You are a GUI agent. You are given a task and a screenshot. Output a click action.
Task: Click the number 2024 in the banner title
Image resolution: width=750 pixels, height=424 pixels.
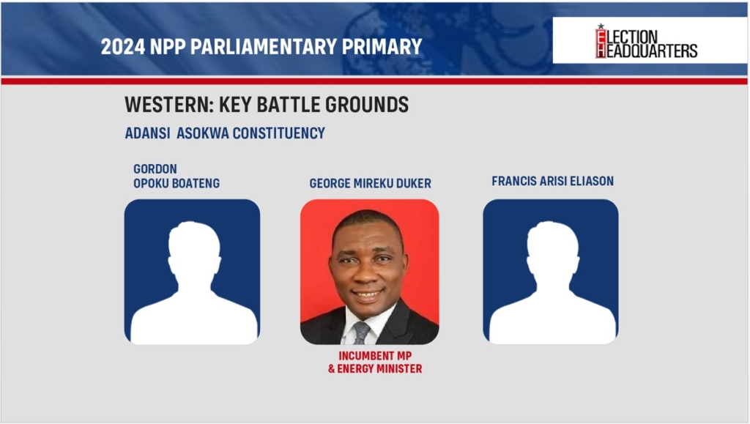pos(122,46)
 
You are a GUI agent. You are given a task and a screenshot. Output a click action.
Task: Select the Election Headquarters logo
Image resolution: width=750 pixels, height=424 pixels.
pos(646,42)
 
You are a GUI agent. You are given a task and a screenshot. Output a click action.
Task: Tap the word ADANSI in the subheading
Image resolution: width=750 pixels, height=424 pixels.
pos(147,133)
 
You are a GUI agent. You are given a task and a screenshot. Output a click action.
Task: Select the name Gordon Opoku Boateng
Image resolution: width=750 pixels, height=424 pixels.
pos(177,176)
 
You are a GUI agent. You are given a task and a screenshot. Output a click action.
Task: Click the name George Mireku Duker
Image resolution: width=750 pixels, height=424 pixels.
pos(370,183)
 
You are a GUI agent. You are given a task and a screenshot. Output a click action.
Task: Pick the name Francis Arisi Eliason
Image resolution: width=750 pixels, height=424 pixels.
pos(552,181)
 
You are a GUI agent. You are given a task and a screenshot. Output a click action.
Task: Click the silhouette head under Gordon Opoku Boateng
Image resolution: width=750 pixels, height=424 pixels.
pos(194,248)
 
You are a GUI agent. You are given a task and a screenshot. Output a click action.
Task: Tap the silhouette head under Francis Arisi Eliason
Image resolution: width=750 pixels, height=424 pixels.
pos(552,248)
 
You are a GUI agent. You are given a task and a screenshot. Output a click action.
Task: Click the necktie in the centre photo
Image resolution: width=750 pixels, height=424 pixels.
pos(362,333)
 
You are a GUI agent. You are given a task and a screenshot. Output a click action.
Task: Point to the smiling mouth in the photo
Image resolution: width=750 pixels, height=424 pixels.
pos(368,294)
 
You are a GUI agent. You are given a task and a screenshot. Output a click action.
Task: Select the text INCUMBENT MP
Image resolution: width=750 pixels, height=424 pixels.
pos(375,356)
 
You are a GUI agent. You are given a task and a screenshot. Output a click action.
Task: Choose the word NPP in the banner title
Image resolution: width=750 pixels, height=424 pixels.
pos(168,46)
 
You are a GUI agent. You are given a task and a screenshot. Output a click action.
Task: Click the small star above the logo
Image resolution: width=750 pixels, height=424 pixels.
pos(601,26)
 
